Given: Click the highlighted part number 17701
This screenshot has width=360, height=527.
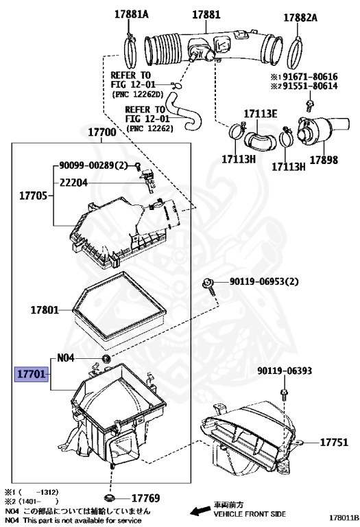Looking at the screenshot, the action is tap(32, 373).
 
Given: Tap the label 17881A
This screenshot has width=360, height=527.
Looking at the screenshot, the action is tap(131, 14).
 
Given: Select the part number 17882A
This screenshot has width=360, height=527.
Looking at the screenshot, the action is tap(300, 17).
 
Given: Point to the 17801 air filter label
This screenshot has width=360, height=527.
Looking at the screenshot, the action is tap(45, 309).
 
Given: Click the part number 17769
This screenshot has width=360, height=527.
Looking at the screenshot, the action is tap(146, 498).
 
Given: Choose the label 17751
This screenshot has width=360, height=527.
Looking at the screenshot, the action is tap(334, 442).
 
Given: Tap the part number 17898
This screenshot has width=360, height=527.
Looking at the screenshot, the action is tap(324, 160).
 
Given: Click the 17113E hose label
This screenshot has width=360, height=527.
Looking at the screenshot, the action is tap(261, 114).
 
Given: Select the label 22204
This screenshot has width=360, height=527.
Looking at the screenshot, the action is tap(73, 183).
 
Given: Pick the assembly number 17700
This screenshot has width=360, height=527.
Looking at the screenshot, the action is tap(102, 132).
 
